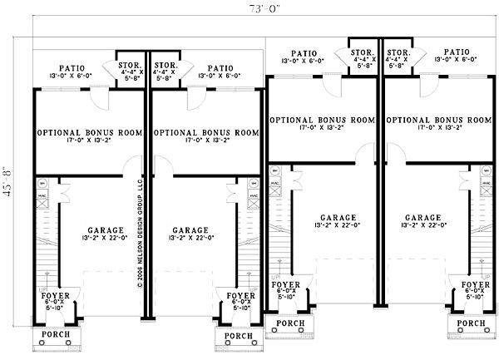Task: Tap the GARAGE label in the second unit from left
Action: (192, 230)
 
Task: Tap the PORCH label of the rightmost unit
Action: (472, 323)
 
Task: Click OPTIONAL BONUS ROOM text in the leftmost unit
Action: (89, 132)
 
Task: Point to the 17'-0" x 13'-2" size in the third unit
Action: (322, 129)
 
